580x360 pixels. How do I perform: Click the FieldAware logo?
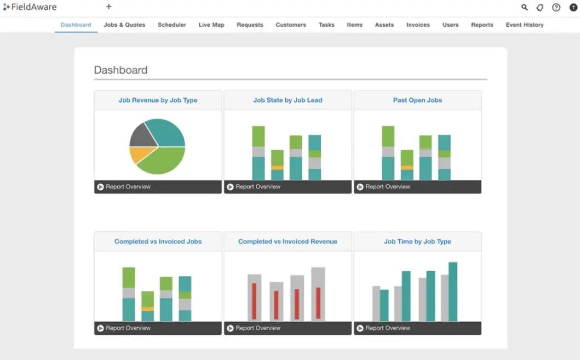(30, 7)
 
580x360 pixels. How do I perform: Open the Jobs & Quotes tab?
(124, 25)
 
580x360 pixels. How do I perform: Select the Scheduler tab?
(172, 25)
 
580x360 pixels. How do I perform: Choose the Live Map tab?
(211, 25)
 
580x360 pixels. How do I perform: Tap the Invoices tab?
(418, 25)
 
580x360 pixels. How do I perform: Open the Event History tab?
(525, 25)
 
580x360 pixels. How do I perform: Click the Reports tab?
(482, 25)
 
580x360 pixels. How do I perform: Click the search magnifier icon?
(524, 8)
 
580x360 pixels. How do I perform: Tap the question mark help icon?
(556, 8)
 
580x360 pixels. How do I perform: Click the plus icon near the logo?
(108, 7)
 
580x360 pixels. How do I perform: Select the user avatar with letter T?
(573, 8)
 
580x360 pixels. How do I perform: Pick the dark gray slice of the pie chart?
(141, 135)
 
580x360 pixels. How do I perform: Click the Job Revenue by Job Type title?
(158, 100)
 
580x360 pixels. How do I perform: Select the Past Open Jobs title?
(417, 100)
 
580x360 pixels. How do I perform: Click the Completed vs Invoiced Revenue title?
(288, 242)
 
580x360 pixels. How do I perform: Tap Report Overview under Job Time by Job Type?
(388, 328)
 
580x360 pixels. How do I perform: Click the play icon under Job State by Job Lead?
(230, 187)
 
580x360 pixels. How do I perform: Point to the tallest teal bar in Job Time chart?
(453, 292)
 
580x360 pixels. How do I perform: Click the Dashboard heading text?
(120, 70)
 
